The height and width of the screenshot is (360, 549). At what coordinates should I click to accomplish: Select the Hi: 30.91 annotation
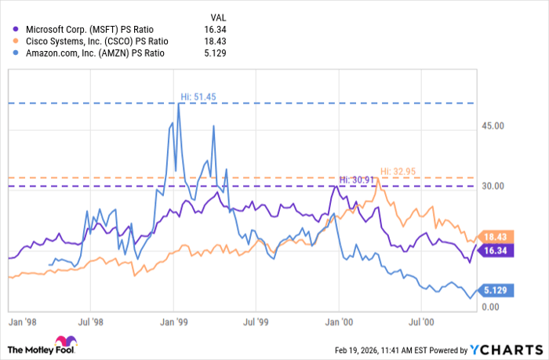[355, 180]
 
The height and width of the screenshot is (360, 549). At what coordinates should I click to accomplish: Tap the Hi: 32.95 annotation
[397, 170]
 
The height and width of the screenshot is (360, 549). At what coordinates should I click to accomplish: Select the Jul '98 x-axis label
[92, 322]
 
